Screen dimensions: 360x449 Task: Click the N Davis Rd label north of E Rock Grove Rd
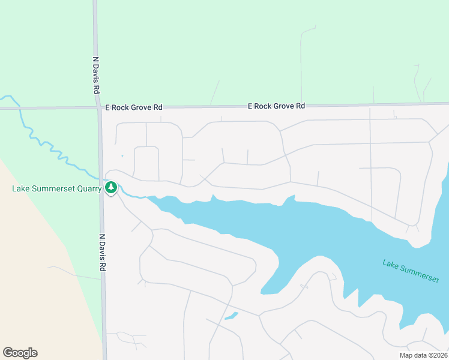coord(95,75)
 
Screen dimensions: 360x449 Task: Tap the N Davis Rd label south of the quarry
coord(103,252)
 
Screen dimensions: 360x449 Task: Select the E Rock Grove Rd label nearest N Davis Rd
coord(134,107)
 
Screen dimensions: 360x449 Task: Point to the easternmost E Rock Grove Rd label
coord(277,106)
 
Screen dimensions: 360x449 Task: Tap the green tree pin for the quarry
coord(110,188)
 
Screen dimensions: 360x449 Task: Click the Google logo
coord(20,353)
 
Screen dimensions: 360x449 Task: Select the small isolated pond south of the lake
coord(231,316)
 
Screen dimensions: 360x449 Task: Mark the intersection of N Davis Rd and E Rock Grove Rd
coord(98,108)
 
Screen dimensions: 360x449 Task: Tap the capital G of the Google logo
coord(8,353)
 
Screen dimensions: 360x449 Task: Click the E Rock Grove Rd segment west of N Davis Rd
coord(48,109)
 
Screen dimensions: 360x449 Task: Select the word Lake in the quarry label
coord(21,189)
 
